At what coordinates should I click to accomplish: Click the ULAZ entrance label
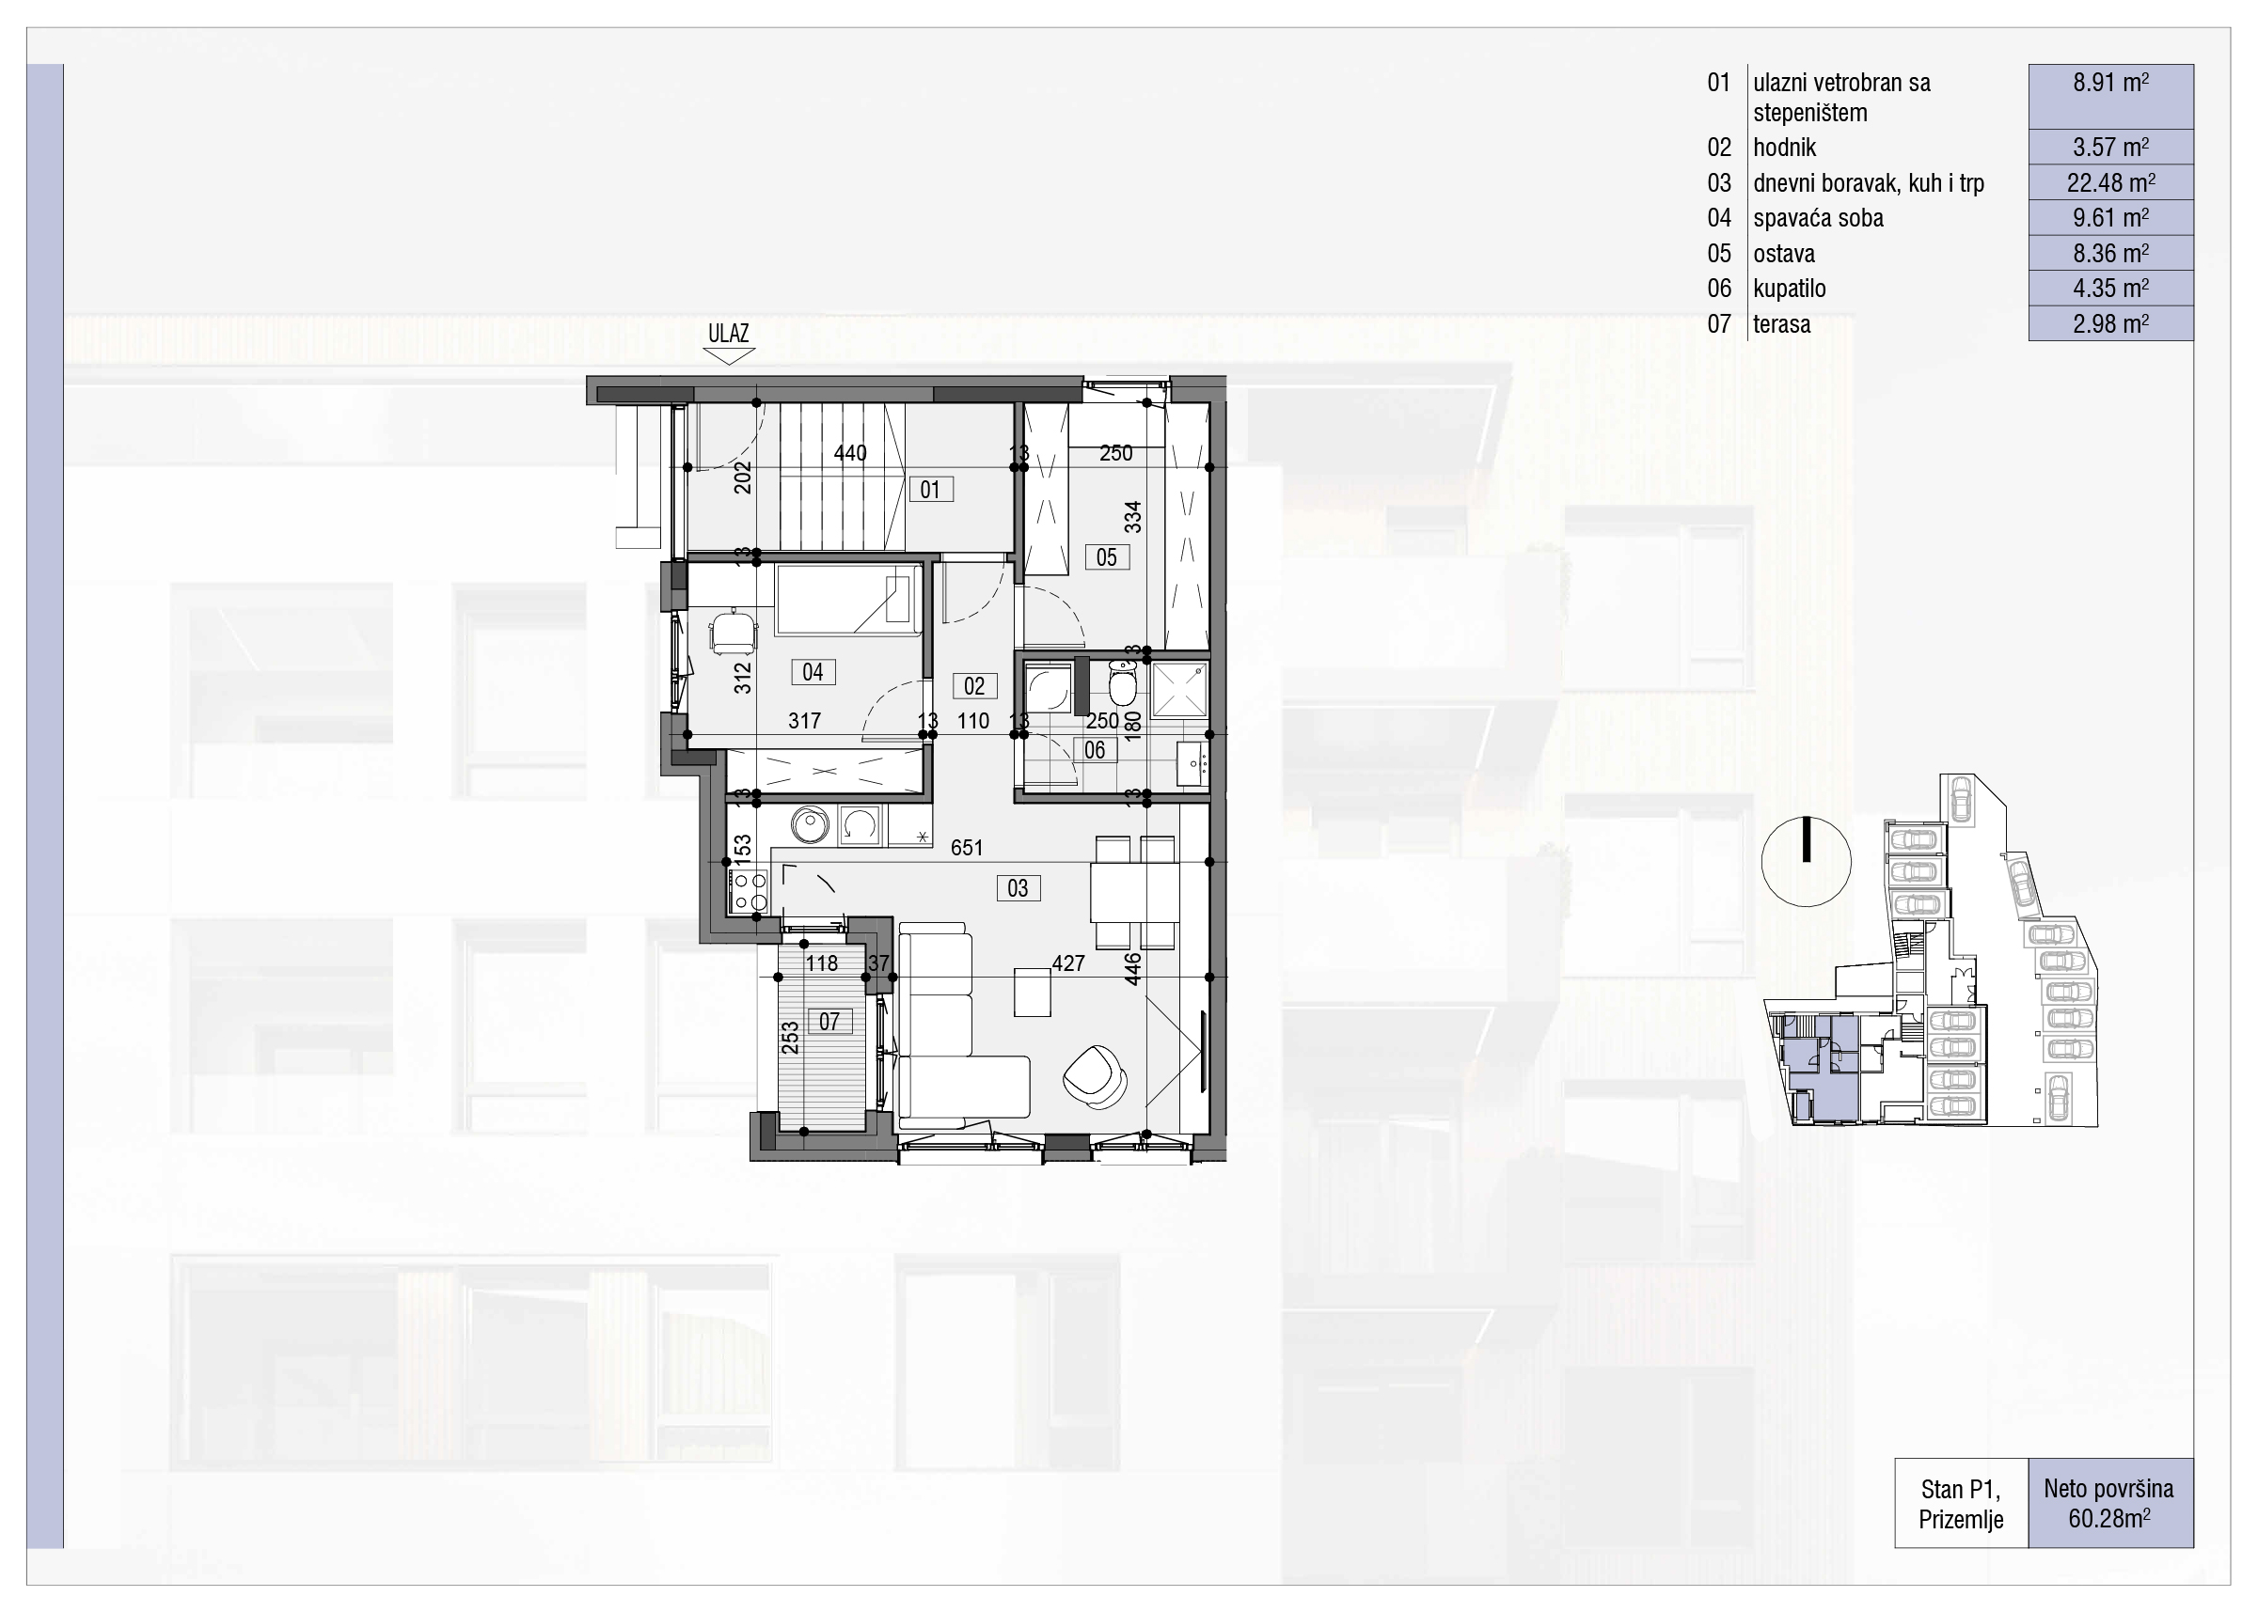tap(728, 334)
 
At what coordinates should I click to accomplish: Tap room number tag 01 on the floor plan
tap(930, 490)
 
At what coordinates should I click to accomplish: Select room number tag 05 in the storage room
tap(1106, 557)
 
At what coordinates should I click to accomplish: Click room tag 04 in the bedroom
tap(813, 672)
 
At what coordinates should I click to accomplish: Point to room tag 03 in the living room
tap(1018, 888)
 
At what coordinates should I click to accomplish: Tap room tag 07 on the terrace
tap(829, 1021)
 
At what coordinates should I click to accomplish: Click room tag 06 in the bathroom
tap(1095, 750)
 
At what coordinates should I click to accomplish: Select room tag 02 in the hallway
tap(974, 686)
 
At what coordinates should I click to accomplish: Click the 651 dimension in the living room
tap(966, 848)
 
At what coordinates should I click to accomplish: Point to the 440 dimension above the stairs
tap(850, 454)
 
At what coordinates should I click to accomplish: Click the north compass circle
tap(1807, 862)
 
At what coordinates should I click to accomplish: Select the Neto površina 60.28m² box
tap(2110, 1503)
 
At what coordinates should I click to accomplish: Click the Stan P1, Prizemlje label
tap(1961, 1504)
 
